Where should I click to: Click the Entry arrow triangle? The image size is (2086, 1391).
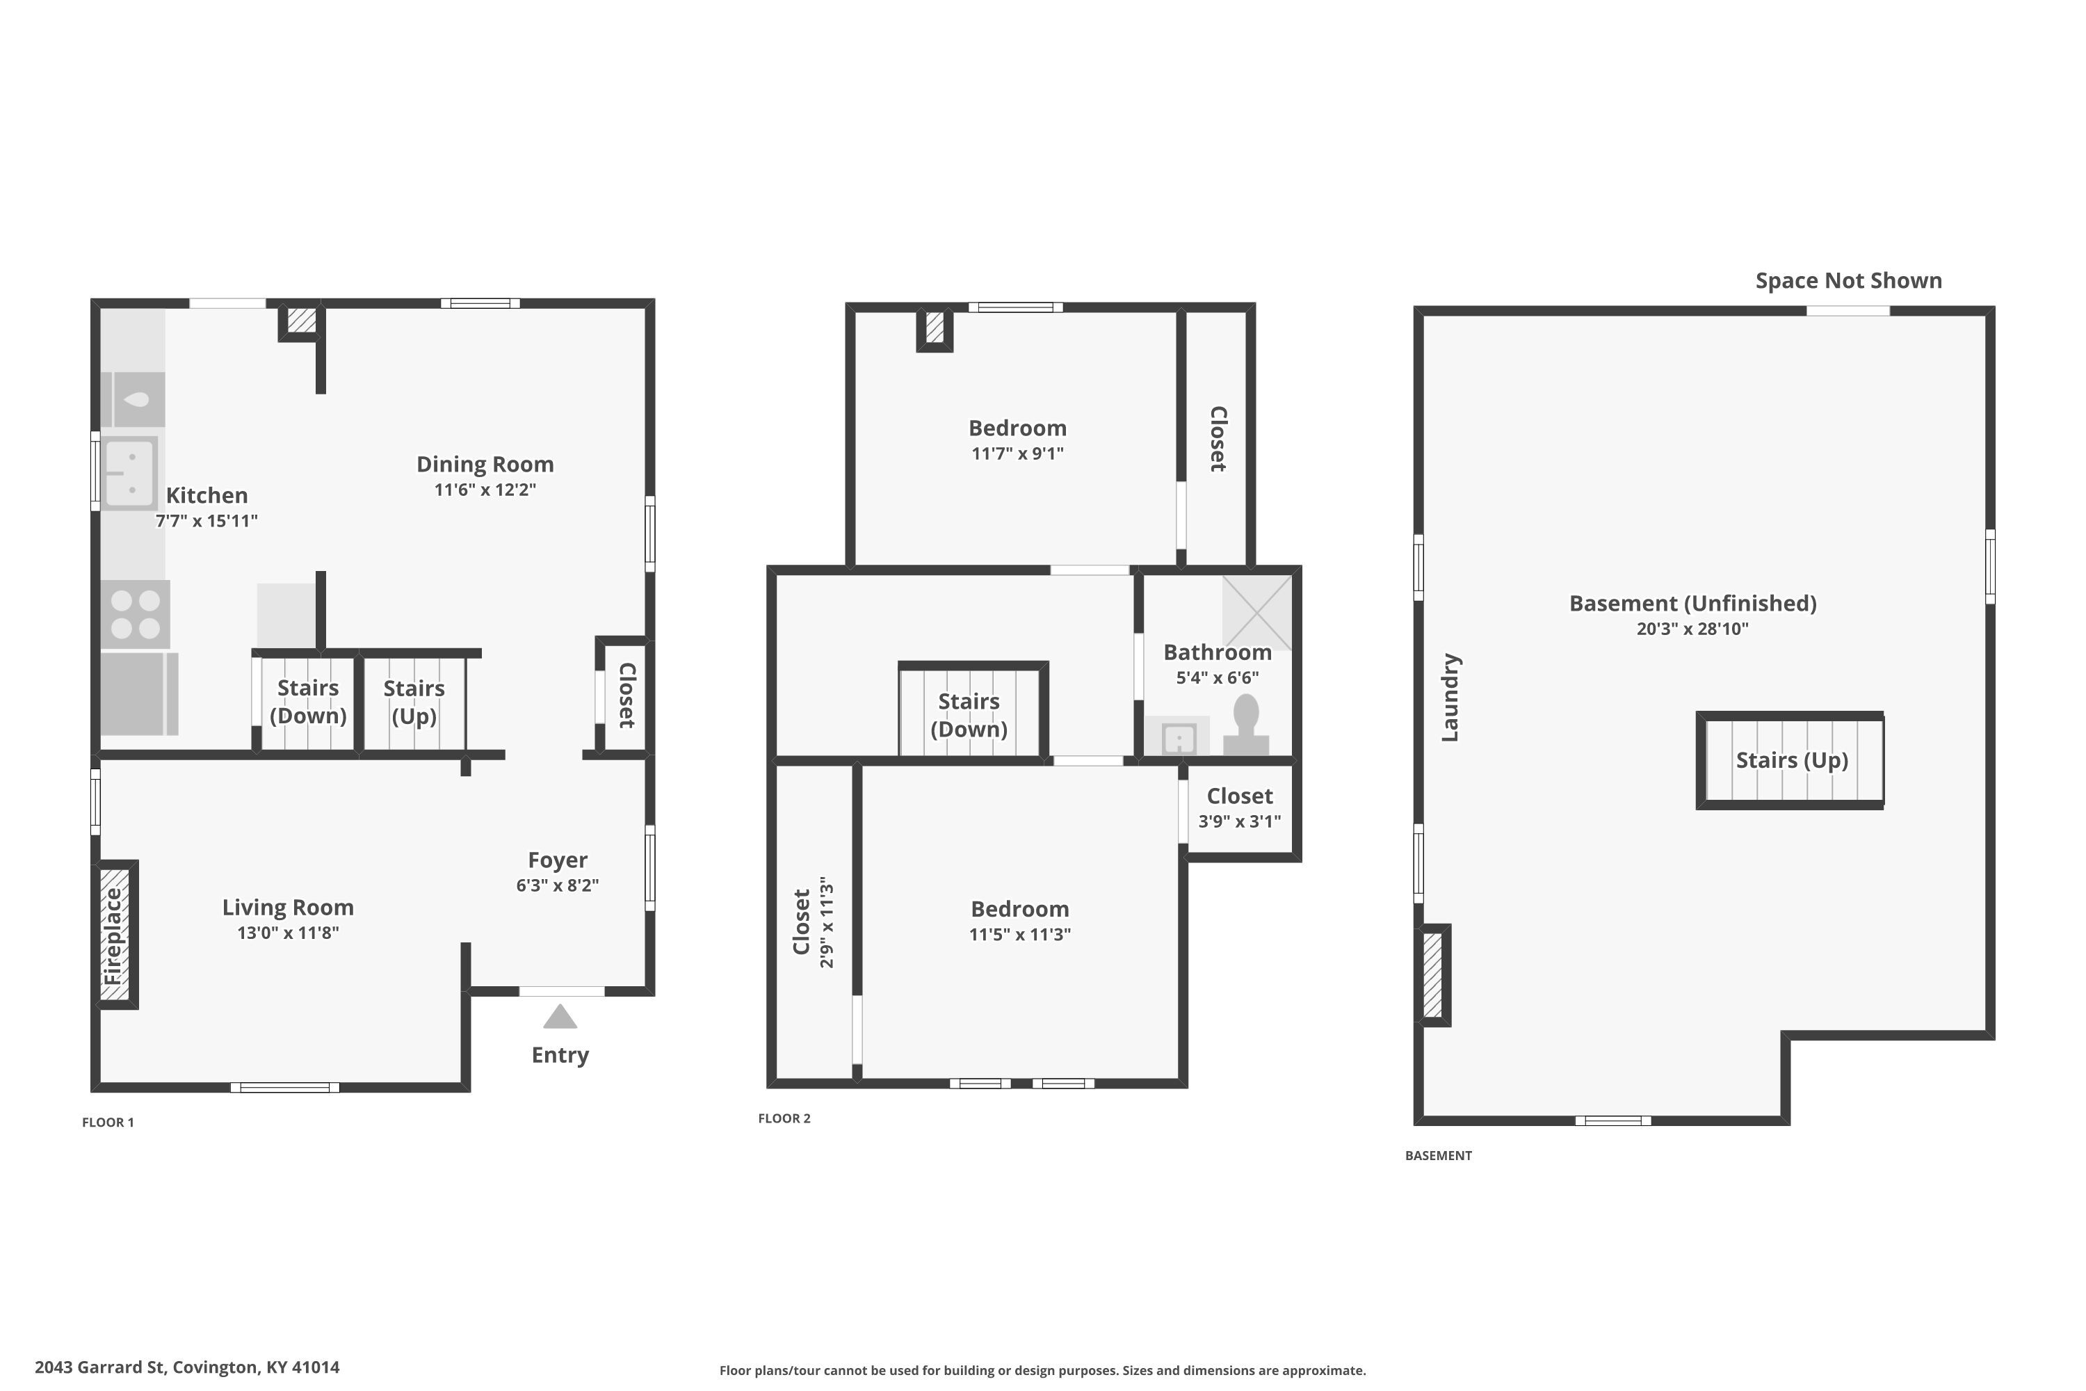(560, 1017)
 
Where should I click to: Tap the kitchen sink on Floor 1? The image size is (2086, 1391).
(129, 473)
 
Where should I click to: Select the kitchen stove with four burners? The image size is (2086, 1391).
(136, 614)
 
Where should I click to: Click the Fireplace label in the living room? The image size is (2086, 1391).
(113, 936)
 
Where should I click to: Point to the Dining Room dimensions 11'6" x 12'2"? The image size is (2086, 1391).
(485, 490)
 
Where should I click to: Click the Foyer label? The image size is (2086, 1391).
(557, 860)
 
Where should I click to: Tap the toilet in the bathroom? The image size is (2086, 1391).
(1246, 724)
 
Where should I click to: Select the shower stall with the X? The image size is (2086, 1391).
(1256, 612)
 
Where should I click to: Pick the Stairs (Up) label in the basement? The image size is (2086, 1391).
(1792, 760)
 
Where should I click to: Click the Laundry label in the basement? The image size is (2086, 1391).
(1450, 698)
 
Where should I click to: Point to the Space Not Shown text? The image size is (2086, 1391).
(1848, 280)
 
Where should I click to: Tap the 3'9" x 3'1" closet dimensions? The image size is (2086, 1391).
(1239, 821)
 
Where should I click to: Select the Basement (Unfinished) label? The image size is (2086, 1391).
(1692, 603)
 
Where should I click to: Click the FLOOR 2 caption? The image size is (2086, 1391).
(784, 1118)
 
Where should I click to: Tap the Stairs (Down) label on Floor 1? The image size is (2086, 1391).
(308, 702)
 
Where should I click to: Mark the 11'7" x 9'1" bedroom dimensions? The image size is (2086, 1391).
(1017, 453)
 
